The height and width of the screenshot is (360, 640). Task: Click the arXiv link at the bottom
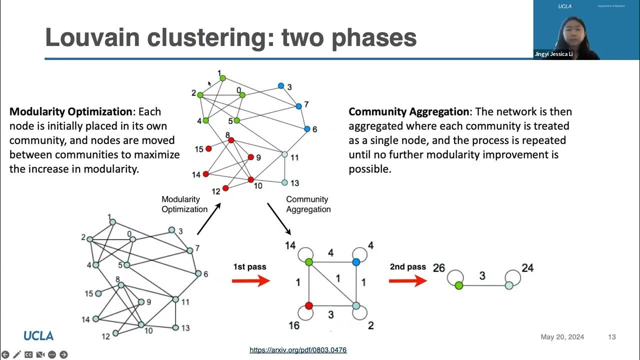298,350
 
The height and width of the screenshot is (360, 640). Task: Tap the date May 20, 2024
562,337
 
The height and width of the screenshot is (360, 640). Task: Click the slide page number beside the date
611,337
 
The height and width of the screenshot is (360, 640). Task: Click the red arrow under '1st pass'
250,280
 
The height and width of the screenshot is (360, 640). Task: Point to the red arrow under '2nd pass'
407,280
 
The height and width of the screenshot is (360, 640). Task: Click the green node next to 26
458,285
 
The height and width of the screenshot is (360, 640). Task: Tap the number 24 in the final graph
527,268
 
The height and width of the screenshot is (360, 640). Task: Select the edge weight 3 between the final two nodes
482,275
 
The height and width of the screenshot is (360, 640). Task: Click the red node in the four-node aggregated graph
309,305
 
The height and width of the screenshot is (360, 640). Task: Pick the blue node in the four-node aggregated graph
356,262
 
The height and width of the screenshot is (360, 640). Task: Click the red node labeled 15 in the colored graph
208,148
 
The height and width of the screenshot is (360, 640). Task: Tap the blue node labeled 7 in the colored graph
298,106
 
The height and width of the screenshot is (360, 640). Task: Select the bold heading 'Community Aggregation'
408,111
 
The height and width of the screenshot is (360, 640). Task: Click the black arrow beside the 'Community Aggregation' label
279,218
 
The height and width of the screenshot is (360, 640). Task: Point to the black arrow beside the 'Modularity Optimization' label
209,218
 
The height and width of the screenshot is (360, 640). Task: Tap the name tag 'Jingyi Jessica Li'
553,54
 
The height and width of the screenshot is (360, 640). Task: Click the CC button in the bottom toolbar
28,354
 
